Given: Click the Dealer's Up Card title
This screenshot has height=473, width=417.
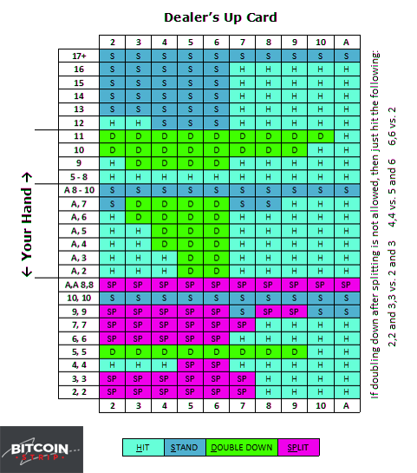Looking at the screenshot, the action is tap(220, 17).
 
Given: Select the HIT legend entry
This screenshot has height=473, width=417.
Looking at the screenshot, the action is tap(143, 447).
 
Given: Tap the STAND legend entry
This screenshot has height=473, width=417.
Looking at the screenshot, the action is tap(185, 447).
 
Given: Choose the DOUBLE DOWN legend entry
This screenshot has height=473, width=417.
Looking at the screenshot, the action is tap(242, 447).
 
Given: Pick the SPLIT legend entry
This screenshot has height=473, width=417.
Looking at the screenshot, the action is tap(298, 447).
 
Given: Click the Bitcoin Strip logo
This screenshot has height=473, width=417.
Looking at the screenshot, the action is tap(42, 450).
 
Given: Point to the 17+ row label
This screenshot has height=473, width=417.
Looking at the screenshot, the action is tap(79, 56).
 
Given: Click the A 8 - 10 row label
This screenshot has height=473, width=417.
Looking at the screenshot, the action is tap(79, 190).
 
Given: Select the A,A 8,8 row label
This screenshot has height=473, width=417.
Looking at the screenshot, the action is tap(79, 285).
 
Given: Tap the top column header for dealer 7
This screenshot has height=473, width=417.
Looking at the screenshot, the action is tap(242, 42).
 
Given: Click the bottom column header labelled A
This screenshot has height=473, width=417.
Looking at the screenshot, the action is tap(347, 405).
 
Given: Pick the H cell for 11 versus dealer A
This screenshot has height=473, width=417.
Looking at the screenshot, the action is tap(347, 136).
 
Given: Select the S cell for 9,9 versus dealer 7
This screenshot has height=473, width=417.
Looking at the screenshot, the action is tap(242, 312).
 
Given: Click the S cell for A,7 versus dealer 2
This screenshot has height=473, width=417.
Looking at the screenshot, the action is tap(112, 204).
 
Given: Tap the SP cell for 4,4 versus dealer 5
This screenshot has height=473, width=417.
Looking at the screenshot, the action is tap(190, 365).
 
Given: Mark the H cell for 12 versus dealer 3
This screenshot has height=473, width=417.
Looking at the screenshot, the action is tap(138, 123).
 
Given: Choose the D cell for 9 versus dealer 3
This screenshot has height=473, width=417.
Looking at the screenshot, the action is tap(138, 163).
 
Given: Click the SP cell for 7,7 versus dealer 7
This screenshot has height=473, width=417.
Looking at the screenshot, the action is tap(242, 325).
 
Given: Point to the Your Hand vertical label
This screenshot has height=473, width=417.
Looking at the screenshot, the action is tap(27, 225).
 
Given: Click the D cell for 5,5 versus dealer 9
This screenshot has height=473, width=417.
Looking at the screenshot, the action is tap(295, 351).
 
